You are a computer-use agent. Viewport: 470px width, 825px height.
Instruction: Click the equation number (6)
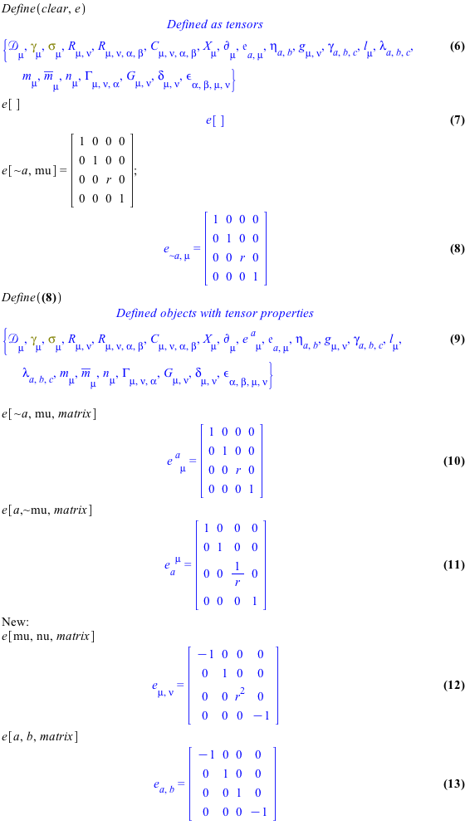click(x=457, y=46)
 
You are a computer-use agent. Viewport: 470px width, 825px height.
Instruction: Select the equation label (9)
click(x=457, y=339)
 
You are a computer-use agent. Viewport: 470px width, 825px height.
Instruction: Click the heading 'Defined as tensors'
click(x=215, y=24)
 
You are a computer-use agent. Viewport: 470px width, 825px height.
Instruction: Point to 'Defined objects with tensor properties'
click(x=215, y=314)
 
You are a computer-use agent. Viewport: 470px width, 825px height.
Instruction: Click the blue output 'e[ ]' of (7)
click(x=215, y=121)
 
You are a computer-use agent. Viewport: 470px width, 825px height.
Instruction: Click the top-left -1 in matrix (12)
click(x=206, y=654)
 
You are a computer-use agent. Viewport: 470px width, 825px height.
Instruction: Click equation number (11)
click(x=455, y=564)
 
